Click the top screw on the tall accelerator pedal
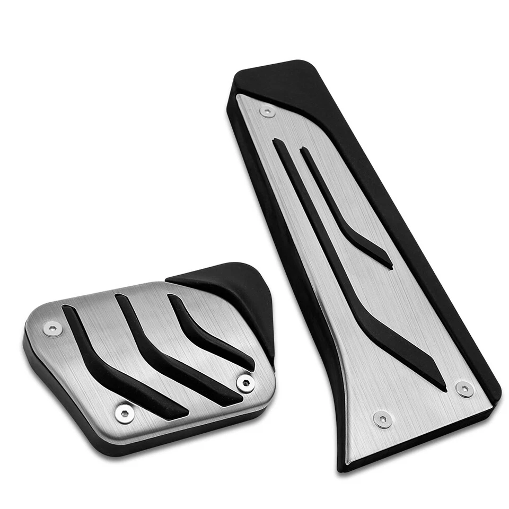click(268, 112)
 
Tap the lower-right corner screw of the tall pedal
click(464, 390)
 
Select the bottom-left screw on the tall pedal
click(382, 419)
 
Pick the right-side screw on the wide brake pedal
click(245, 383)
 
